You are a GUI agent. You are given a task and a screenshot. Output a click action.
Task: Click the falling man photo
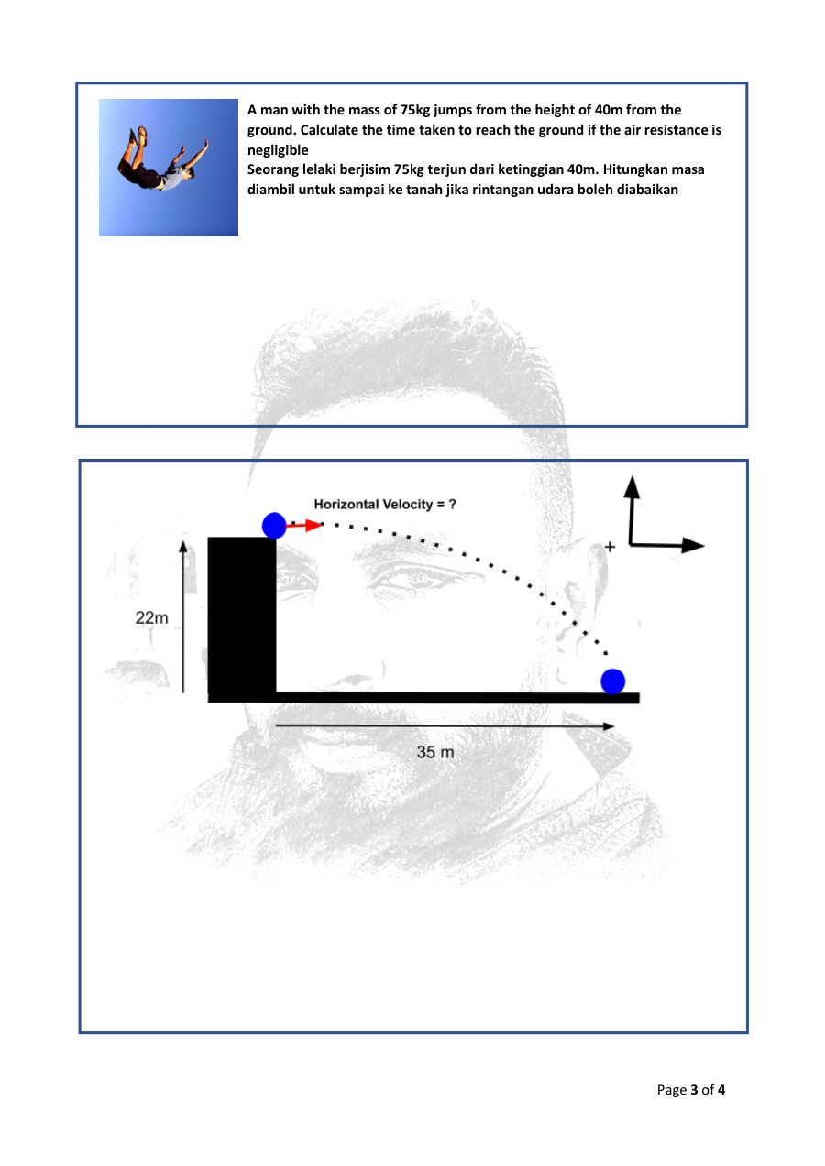(x=169, y=168)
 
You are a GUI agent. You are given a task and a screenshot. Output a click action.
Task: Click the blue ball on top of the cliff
(x=274, y=525)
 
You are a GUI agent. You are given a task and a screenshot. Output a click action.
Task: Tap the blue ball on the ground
(x=612, y=681)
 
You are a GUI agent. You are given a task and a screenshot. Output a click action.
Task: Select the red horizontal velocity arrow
(x=303, y=525)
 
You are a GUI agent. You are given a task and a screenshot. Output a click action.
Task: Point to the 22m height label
(x=152, y=618)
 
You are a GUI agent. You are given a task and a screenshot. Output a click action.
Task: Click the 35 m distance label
(x=435, y=752)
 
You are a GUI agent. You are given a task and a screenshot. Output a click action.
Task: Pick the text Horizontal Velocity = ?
(x=385, y=504)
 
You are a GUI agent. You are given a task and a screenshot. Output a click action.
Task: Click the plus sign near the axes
(x=610, y=547)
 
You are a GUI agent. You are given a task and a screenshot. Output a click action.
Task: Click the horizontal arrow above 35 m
(x=445, y=725)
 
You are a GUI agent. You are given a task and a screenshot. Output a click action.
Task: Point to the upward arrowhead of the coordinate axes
(x=631, y=486)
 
